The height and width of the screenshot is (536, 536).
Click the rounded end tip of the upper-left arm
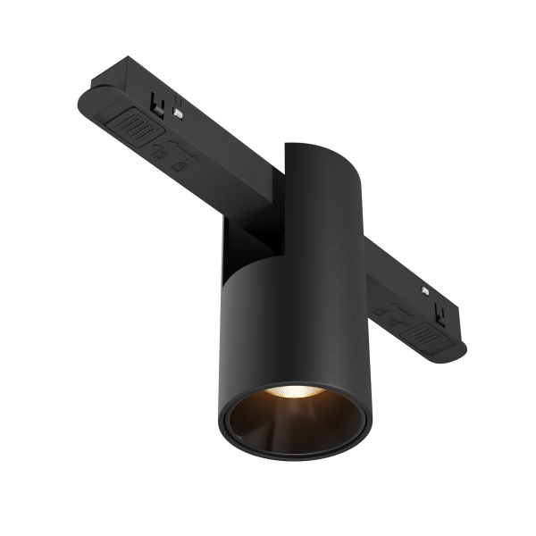(x=86, y=96)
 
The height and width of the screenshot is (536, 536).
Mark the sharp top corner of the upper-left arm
(x=129, y=61)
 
